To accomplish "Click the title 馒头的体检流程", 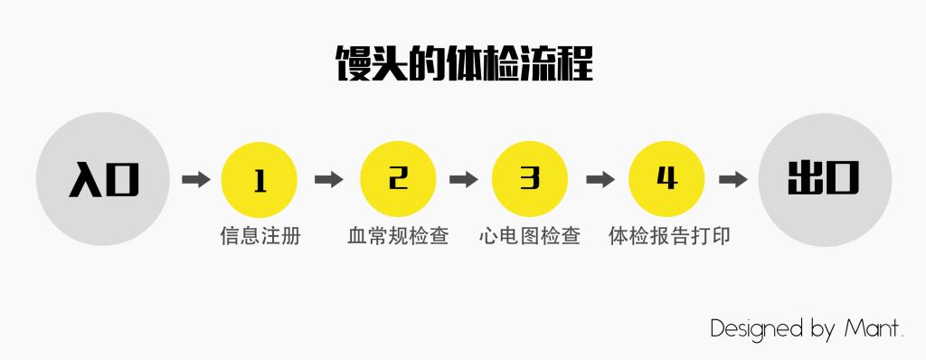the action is [463, 66].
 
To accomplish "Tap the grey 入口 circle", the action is [103, 179].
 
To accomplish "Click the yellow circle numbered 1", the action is [260, 179].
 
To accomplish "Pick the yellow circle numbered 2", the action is [398, 179].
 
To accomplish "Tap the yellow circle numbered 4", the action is [666, 179].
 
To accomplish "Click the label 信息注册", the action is [260, 237].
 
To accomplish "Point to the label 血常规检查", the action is [398, 237].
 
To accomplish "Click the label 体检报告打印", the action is [668, 237].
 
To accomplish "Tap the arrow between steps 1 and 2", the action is [328, 179].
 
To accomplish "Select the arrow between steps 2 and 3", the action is [463, 179].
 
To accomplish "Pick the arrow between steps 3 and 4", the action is [600, 179].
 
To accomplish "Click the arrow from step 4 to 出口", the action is [732, 179].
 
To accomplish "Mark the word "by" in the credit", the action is [823, 329].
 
